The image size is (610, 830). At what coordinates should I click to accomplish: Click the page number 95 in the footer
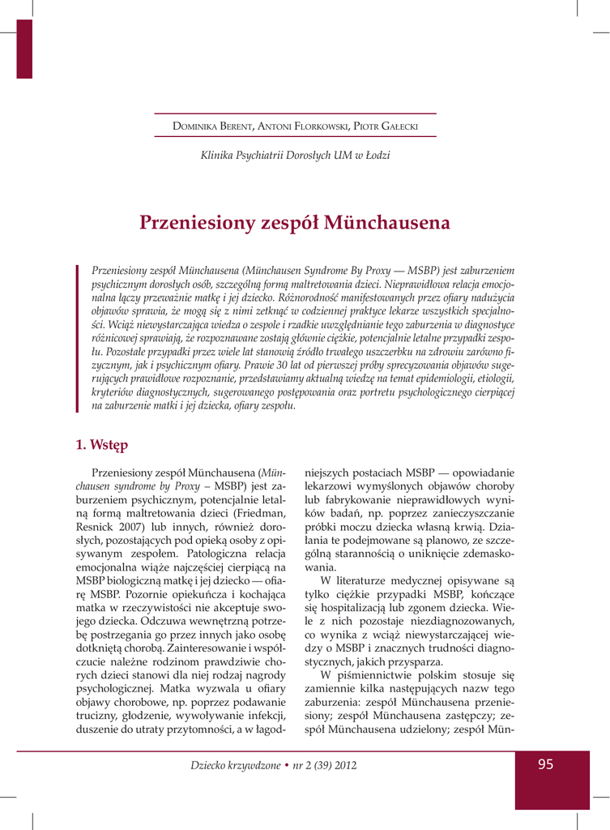coord(544,765)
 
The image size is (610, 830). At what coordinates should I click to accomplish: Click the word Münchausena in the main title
coord(386,222)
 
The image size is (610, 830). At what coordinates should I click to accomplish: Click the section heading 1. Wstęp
coord(101,444)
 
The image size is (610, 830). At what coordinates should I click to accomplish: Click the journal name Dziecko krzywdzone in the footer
coord(232,765)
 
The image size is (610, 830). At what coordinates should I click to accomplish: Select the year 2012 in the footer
coord(343,765)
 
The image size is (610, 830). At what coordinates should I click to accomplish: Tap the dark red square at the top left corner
coord(24,49)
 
